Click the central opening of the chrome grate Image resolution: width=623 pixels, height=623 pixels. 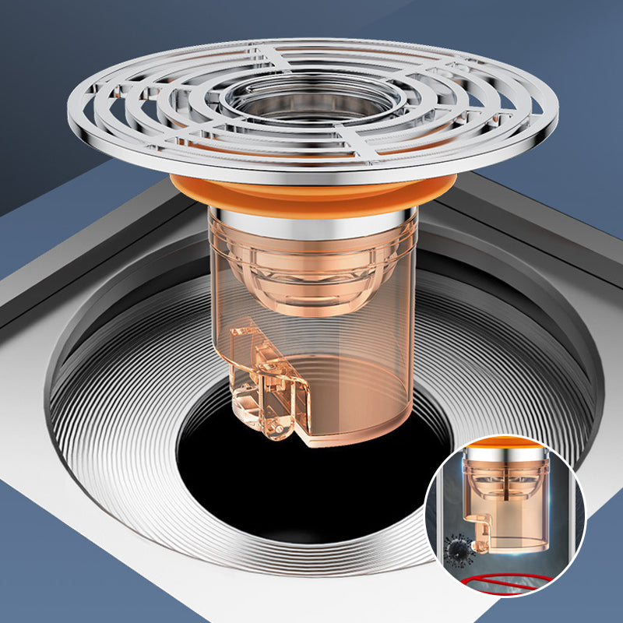(311, 100)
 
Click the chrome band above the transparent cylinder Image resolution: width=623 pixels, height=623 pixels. (311, 221)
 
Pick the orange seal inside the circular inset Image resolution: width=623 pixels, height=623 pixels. (505, 444)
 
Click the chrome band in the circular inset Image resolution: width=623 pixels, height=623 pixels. (505, 455)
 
